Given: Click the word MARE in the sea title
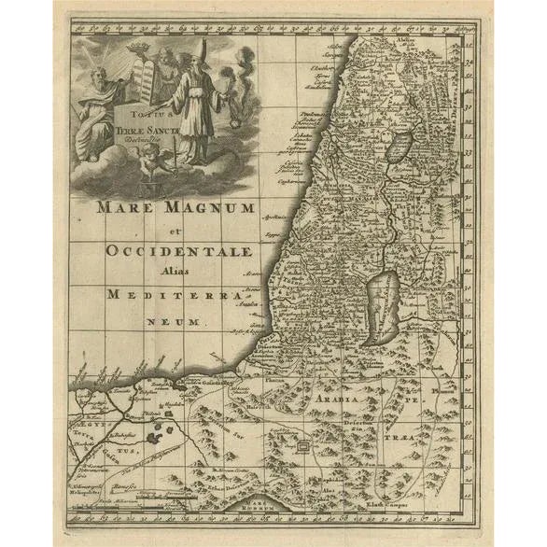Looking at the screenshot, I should coord(123,207).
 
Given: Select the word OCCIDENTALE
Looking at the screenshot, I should coord(179,251).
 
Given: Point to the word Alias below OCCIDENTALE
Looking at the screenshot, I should coord(177,272).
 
